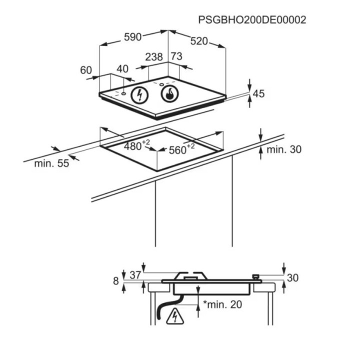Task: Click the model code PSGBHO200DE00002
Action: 252,20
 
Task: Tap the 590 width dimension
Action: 132,36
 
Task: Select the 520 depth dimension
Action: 199,41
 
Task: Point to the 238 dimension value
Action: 154,57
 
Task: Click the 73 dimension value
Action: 176,56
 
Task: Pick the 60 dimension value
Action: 86,70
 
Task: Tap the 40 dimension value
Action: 122,69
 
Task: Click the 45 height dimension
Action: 258,93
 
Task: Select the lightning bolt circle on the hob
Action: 139,95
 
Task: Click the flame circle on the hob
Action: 170,94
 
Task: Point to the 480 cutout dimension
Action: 136,145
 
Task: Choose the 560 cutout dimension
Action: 181,149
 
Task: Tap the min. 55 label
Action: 51,163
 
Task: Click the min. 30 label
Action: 284,149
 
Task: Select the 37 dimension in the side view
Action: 135,275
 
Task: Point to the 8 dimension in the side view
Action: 116,281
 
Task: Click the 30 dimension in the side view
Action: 292,278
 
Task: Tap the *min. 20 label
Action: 222,304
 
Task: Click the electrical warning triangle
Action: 175,316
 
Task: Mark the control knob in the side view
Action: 256,276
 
